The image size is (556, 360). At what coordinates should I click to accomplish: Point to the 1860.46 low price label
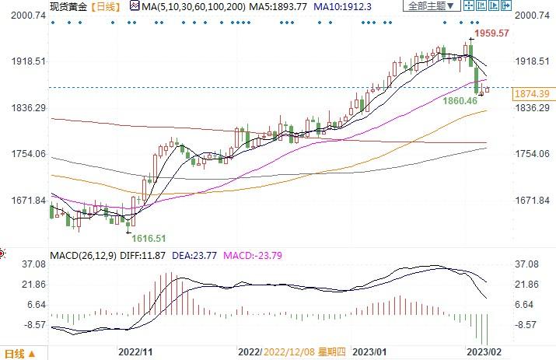pyautogui.click(x=460, y=101)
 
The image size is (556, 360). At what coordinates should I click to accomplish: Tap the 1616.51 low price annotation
pyautogui.click(x=149, y=238)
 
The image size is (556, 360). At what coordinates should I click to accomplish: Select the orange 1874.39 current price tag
pyautogui.click(x=533, y=93)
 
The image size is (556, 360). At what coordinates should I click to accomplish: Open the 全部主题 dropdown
pyautogui.click(x=428, y=6)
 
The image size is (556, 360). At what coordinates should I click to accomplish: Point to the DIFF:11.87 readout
pyautogui.click(x=145, y=254)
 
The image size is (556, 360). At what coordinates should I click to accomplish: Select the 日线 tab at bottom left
pyautogui.click(x=15, y=354)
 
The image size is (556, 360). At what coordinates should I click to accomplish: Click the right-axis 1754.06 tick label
pyautogui.click(x=532, y=154)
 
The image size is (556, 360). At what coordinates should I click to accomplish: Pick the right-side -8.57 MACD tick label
pyautogui.click(x=527, y=324)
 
